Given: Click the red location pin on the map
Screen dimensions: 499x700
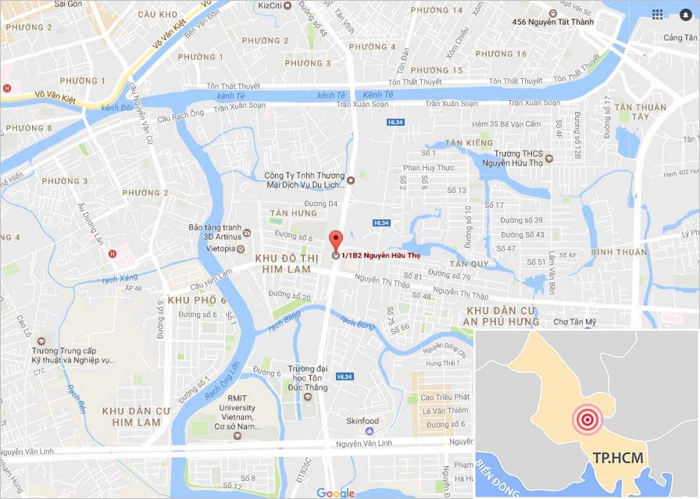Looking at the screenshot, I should coord(336,241).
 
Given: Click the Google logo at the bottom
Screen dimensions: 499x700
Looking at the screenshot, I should coord(335,493).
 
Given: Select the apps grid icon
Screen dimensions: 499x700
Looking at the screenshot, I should coord(657,14).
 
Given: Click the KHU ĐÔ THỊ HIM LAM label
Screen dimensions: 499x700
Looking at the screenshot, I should coord(282,263).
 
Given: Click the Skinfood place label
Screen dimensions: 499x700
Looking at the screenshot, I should coord(362,421).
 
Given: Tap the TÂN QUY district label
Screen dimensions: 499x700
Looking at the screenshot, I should coord(469,263).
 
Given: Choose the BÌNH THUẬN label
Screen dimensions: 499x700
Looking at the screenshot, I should coord(619,251).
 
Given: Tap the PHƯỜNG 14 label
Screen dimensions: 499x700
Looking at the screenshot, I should coord(436,10).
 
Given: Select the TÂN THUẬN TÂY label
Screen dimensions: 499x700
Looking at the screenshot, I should coord(640,112).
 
